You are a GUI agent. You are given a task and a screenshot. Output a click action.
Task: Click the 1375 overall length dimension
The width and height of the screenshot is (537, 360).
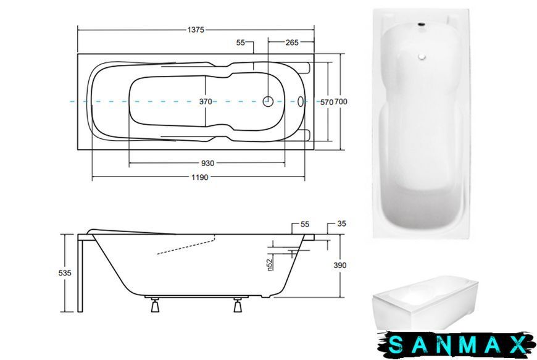(196, 30)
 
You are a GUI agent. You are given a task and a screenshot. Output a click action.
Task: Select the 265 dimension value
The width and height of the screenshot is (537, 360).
(292, 43)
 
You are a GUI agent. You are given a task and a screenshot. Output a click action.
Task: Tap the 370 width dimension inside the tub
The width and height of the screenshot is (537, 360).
(206, 102)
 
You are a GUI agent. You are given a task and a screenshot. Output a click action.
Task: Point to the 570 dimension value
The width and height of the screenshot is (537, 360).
(327, 102)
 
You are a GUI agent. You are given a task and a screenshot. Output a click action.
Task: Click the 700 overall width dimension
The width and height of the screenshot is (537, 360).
(341, 102)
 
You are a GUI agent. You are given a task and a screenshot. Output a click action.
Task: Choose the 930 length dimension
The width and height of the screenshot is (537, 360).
(207, 164)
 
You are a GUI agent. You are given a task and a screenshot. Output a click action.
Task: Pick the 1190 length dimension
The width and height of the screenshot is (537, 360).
(199, 177)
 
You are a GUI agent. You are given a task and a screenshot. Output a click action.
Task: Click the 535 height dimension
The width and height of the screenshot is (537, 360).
(65, 273)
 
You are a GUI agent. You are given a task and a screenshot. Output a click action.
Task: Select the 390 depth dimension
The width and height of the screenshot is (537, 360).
(340, 265)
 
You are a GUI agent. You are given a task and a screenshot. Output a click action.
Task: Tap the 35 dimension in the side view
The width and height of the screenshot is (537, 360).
(341, 224)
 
